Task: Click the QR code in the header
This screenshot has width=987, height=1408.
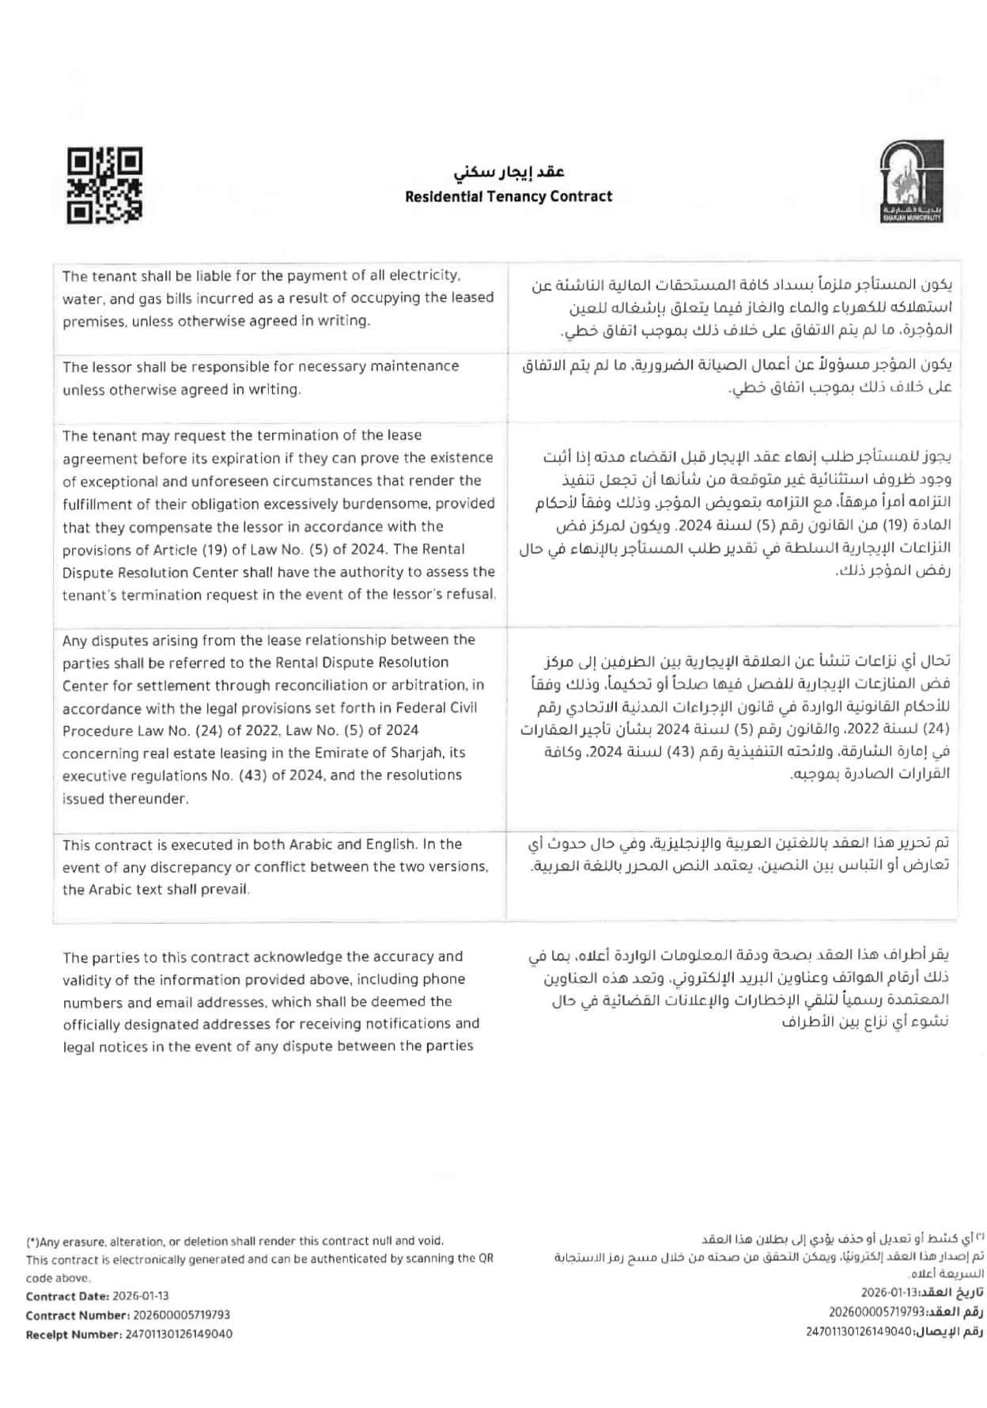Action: tap(104, 184)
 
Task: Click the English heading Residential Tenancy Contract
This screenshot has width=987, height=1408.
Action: tap(509, 197)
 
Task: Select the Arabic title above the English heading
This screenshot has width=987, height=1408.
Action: tap(509, 172)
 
